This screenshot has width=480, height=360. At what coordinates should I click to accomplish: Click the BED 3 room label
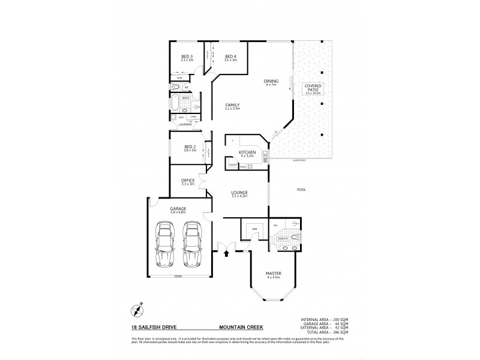click(187, 58)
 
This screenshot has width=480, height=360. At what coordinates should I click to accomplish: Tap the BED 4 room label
click(230, 58)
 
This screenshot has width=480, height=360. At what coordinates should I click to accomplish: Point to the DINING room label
click(271, 82)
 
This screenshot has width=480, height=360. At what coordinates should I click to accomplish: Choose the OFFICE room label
click(188, 181)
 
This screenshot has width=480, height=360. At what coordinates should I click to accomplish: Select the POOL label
click(301, 190)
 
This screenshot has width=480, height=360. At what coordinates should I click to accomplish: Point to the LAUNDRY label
click(184, 125)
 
